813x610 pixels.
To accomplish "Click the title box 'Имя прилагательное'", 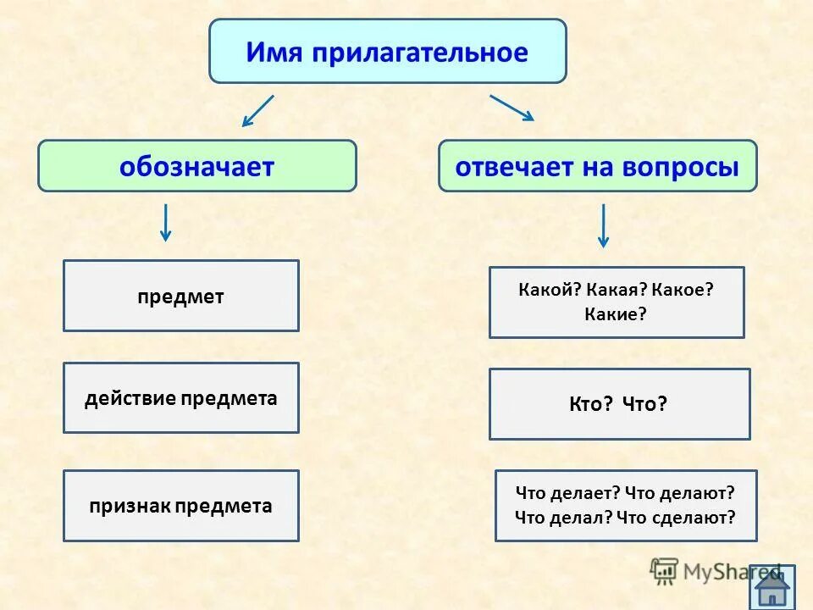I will [x=387, y=52].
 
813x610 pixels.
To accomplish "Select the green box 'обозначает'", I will [x=197, y=166].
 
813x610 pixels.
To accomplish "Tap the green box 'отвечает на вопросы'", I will [x=597, y=166].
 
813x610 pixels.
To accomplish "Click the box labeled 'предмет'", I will [x=181, y=296].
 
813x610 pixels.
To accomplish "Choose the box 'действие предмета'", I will [x=181, y=398].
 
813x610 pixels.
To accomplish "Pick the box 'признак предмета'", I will [x=181, y=506].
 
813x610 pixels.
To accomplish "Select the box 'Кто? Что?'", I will [x=619, y=404].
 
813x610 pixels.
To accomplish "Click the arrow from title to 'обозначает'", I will [x=257, y=111].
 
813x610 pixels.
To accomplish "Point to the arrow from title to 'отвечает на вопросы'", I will [x=512, y=108].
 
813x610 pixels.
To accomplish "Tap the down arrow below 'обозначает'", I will [x=166, y=222].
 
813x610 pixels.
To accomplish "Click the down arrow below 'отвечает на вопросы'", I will [x=603, y=225].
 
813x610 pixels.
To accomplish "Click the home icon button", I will [x=772, y=586].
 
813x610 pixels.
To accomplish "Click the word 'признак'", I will [x=130, y=507].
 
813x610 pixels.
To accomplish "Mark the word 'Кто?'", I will [x=591, y=404].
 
